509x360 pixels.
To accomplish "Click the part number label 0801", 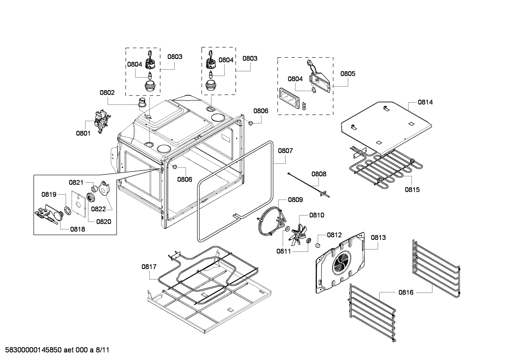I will (x=83, y=133).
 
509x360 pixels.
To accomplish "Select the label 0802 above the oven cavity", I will (x=107, y=93).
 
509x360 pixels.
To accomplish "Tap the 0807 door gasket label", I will (x=285, y=151).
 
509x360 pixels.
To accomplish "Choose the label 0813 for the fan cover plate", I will (x=378, y=237).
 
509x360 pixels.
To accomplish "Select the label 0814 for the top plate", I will (x=425, y=102).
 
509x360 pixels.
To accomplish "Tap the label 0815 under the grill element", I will (x=412, y=189).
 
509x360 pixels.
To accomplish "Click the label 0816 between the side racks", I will (x=406, y=292).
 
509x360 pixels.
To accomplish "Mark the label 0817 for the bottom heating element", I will (x=149, y=267).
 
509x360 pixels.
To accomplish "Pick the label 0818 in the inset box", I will (x=77, y=229).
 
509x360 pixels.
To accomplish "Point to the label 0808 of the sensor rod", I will (x=319, y=174).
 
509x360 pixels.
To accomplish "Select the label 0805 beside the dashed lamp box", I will (x=348, y=73).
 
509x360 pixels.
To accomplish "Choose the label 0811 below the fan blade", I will (x=284, y=251).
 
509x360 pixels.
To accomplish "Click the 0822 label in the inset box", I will (x=98, y=209).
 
